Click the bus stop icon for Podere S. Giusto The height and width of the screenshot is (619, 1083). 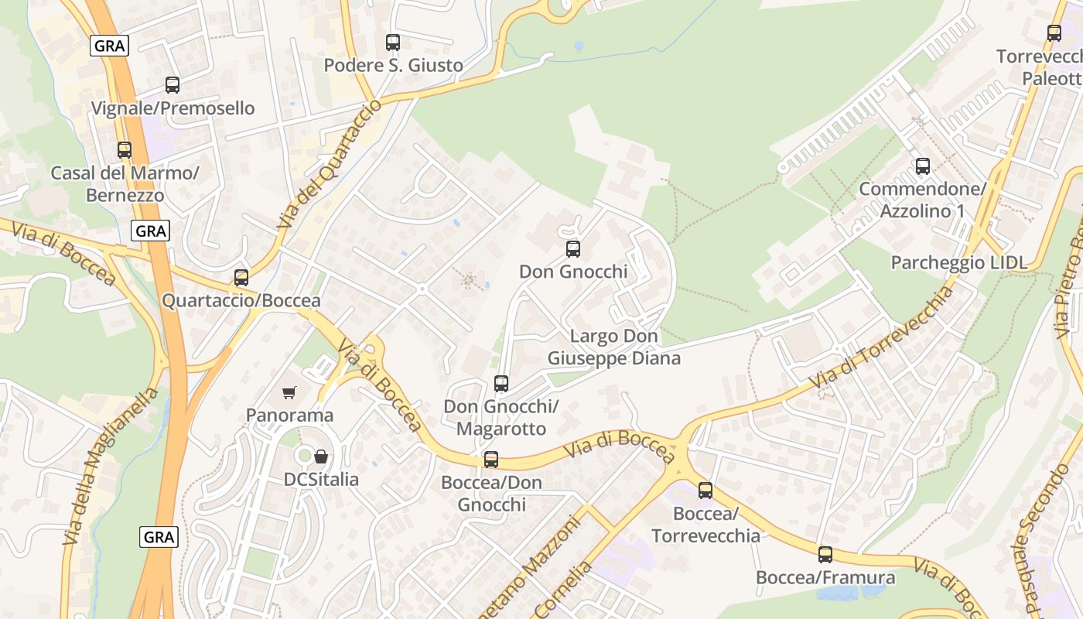tap(393, 43)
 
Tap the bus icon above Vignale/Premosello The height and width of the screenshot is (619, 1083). tap(173, 85)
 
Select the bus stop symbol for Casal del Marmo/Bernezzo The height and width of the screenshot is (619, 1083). tap(125, 150)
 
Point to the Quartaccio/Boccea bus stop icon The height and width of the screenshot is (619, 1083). tap(241, 278)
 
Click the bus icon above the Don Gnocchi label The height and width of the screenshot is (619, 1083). tap(573, 249)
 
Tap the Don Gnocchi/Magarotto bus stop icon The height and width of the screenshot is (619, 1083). tap(501, 384)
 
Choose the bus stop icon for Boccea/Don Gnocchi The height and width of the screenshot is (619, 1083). tap(491, 460)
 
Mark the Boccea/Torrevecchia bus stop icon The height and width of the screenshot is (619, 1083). tap(705, 491)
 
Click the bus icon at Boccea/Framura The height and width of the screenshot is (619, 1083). tap(825, 555)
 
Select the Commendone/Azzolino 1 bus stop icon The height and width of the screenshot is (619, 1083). tap(923, 166)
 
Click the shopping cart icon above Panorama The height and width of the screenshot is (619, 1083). tap(289, 393)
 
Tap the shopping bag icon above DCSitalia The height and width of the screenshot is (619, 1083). tap(321, 457)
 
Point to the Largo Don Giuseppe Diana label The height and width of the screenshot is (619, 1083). tap(614, 347)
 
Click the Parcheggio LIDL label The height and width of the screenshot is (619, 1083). tap(959, 262)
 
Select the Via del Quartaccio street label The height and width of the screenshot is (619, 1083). tap(329, 165)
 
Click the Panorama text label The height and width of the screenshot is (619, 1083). tap(290, 416)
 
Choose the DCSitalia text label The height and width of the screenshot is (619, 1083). tap(322, 480)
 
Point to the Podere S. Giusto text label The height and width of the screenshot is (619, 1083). tap(394, 65)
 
